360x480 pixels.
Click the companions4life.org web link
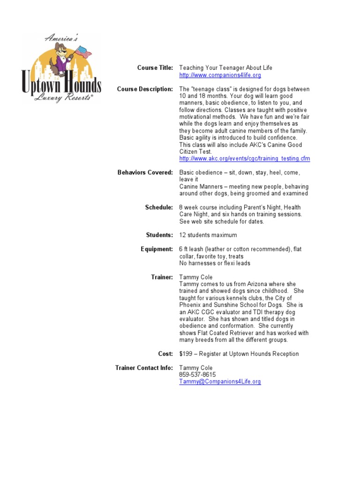220,75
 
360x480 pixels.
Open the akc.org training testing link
244,159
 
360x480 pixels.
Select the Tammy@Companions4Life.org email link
220,382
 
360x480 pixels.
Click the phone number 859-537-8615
197,375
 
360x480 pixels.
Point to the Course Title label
155,68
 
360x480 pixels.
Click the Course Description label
145,89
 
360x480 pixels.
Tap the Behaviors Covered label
145,172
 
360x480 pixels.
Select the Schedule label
159,207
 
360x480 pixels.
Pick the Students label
159,235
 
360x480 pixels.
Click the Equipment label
157,249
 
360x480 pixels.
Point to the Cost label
165,354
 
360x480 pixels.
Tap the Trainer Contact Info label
144,367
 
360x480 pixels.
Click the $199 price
186,354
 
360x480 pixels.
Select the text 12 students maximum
208,235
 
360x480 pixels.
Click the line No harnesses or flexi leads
215,263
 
